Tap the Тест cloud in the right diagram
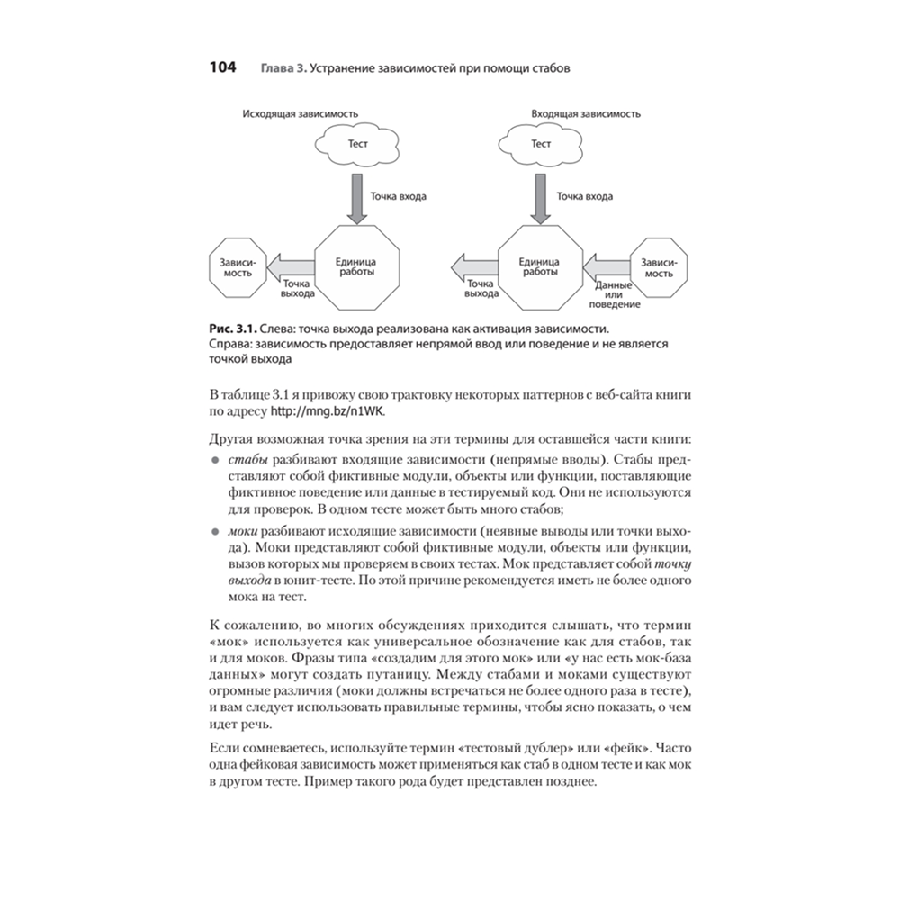point(540,143)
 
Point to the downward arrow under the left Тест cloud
point(356,199)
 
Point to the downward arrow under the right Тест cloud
point(541,199)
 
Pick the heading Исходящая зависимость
point(300,114)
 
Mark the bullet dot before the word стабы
point(215,459)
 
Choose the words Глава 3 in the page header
point(282,69)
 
